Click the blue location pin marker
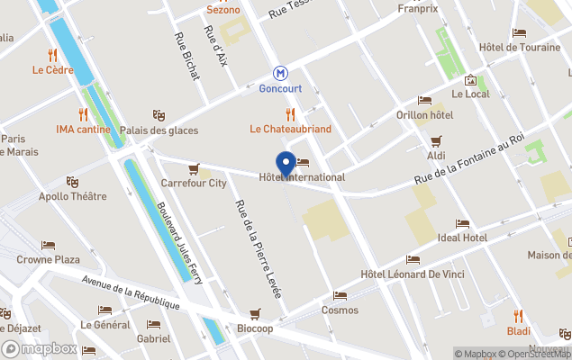tap(286, 165)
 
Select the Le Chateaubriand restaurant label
tap(290, 129)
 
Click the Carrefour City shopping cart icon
tap(194, 168)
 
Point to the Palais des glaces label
tap(159, 130)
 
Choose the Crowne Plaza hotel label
tap(49, 259)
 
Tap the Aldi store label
tap(436, 156)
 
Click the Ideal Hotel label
tap(461, 238)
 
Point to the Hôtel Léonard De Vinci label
tap(412, 274)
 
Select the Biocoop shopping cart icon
tap(256, 313)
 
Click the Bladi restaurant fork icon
tap(518, 316)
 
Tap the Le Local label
tap(469, 94)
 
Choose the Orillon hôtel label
tap(424, 115)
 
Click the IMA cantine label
tap(83, 129)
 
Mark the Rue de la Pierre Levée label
tap(259, 248)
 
